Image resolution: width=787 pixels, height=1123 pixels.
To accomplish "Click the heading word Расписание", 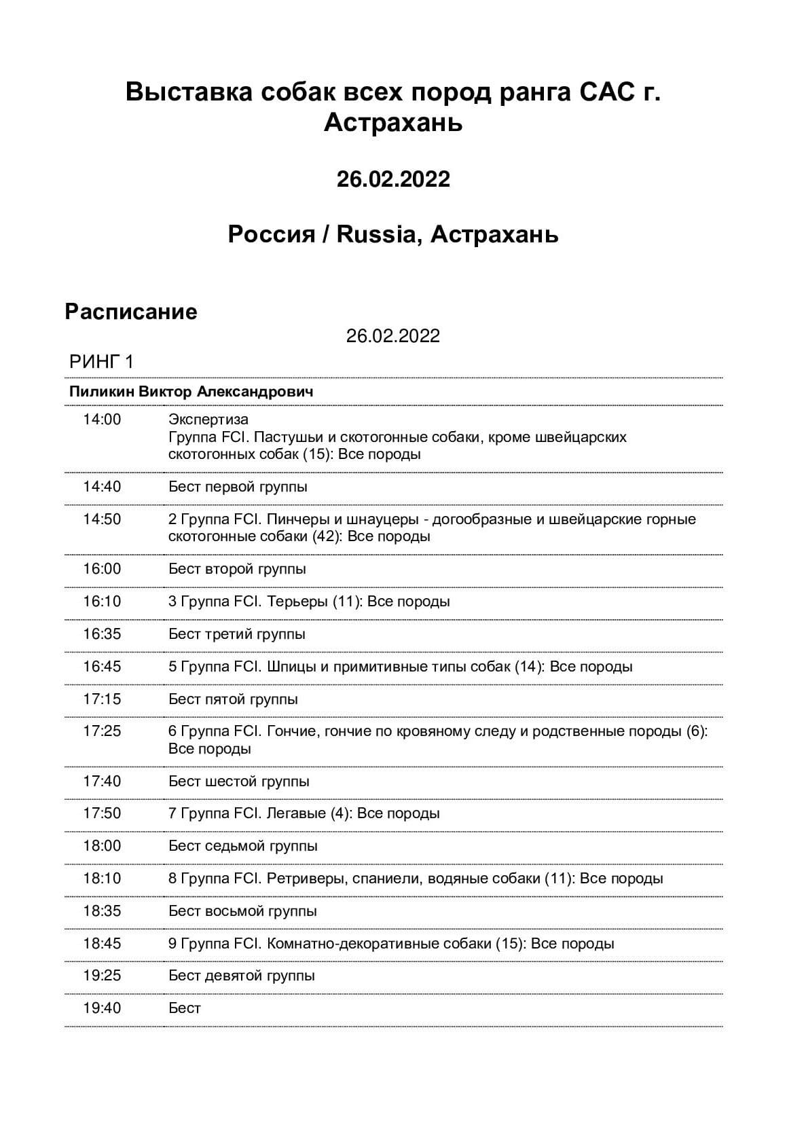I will click(x=130, y=312).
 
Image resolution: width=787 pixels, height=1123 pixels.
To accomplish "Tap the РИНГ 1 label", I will click(x=101, y=362).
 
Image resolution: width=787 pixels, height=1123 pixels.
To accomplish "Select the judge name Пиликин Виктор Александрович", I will click(x=191, y=392).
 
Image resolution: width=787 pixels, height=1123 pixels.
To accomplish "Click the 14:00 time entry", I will click(x=102, y=420).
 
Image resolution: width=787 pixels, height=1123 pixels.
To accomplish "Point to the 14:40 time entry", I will click(x=102, y=487).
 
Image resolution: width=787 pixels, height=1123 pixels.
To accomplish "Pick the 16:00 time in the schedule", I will click(x=102, y=569).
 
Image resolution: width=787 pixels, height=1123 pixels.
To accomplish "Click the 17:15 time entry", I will click(x=102, y=699).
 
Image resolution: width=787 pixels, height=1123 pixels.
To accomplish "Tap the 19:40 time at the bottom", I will click(x=102, y=1008).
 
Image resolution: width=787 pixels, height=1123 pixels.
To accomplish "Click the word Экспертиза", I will click(x=208, y=420).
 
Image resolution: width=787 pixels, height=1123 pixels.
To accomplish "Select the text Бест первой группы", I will click(x=238, y=487).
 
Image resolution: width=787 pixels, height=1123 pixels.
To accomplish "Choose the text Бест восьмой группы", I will click(x=242, y=911).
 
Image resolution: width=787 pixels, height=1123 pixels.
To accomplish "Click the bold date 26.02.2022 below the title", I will click(x=393, y=179).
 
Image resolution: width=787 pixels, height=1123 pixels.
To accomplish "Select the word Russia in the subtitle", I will click(x=376, y=234).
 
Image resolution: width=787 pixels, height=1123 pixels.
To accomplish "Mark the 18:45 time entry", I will click(x=102, y=944).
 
